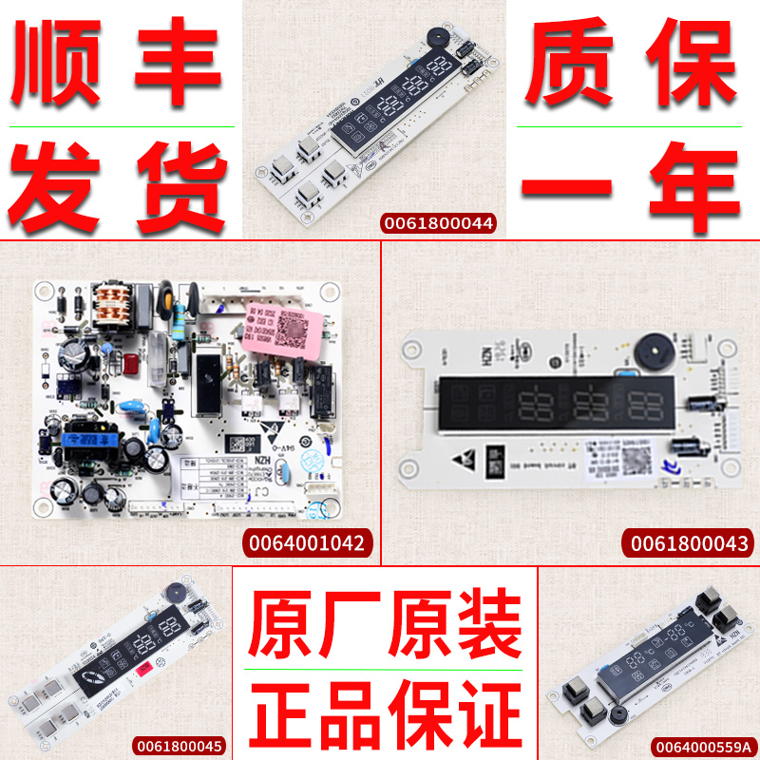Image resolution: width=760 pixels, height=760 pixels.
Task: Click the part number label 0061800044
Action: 438,223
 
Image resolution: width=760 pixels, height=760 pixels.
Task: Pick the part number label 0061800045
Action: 180,747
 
